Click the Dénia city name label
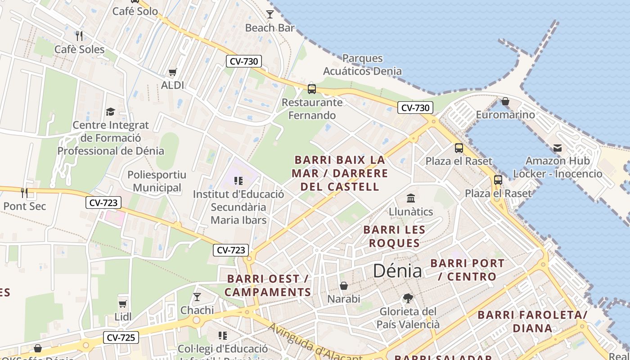[x=397, y=271]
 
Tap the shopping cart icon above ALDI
[x=172, y=72]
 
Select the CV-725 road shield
[x=121, y=337]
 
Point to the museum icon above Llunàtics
[x=410, y=198]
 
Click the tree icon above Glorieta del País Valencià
[x=408, y=298]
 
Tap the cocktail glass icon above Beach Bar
[x=270, y=14]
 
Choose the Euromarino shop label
[x=505, y=115]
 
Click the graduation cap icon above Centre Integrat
[x=110, y=112]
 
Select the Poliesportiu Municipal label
[x=157, y=181]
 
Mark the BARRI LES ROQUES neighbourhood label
[x=394, y=236]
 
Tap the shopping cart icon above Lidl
[x=123, y=304]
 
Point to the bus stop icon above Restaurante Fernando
[x=312, y=89]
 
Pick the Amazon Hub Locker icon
[x=558, y=148]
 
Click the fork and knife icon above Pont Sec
[x=24, y=193]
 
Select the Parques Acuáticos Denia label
[x=362, y=64]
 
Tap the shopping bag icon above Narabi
[x=344, y=286]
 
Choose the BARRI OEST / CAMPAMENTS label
[x=268, y=285]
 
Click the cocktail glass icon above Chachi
[x=197, y=297]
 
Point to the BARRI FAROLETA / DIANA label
[x=532, y=321]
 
